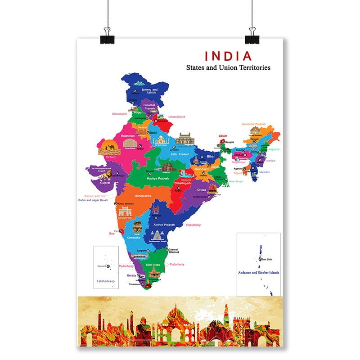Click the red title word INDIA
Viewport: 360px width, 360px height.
[x=228, y=56]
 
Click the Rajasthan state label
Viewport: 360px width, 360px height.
[x=128, y=135]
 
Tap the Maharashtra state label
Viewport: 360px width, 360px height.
[x=143, y=196]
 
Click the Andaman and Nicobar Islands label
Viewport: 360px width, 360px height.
[x=259, y=273]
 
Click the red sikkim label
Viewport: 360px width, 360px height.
[x=223, y=135]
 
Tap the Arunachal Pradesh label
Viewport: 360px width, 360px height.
[x=254, y=124]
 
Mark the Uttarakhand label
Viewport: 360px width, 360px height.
[x=176, y=117]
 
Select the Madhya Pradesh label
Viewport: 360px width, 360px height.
[x=158, y=178]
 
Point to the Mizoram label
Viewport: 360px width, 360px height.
[x=265, y=172]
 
